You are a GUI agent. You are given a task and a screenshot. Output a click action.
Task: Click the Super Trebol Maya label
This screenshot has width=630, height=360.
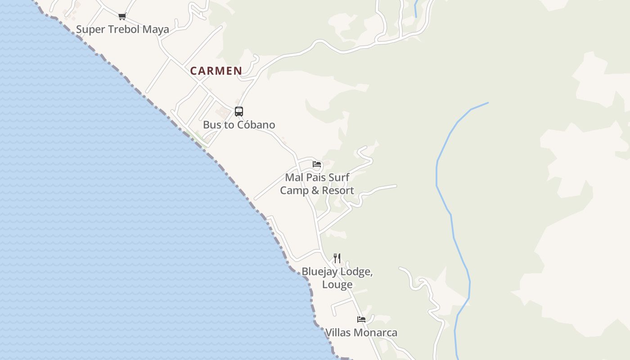click(x=122, y=30)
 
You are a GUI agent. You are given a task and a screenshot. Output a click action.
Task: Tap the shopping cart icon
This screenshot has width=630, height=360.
click(x=122, y=17)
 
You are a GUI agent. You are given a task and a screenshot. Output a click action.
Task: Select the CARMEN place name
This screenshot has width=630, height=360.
click(x=216, y=71)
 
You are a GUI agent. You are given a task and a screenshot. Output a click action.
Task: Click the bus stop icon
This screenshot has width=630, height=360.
click(x=239, y=111)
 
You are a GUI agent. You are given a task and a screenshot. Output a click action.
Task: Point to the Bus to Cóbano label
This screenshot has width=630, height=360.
click(x=239, y=125)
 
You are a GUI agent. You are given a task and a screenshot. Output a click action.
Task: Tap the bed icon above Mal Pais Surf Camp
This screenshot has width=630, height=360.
click(x=317, y=164)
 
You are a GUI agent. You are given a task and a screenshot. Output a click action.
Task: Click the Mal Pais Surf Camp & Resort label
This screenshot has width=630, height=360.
click(x=317, y=184)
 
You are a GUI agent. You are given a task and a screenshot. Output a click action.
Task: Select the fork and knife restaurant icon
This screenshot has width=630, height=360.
click(x=337, y=258)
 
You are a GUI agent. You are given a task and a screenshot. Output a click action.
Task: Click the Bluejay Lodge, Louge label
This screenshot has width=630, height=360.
click(x=337, y=278)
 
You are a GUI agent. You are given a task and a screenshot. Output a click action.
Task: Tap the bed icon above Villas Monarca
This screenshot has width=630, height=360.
click(x=361, y=319)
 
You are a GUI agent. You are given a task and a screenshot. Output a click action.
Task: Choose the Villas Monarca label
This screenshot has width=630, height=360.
click(x=361, y=333)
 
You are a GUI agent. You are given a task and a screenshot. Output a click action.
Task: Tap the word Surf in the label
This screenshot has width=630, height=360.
click(x=339, y=177)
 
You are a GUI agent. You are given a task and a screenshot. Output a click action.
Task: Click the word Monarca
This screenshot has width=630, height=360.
click(x=375, y=333)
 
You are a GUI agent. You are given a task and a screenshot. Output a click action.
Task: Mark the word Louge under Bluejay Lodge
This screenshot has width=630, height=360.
click(x=337, y=285)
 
